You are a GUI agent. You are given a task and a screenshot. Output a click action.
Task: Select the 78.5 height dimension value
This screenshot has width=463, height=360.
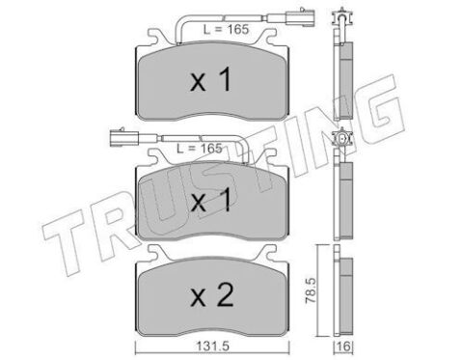(311, 291)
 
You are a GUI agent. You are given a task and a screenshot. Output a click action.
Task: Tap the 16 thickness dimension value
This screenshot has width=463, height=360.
(343, 346)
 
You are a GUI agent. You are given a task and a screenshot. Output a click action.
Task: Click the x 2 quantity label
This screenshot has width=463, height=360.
(212, 296)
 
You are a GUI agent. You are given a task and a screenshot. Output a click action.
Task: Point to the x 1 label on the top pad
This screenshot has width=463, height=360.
(210, 80)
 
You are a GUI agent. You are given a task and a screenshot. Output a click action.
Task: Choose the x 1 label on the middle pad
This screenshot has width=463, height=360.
(210, 200)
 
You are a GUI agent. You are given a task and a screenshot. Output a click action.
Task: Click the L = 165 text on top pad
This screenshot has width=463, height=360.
(226, 30)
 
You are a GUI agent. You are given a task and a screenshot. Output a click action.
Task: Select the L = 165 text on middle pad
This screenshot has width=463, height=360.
(200, 149)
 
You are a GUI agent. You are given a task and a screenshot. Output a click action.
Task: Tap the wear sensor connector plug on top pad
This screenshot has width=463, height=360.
(301, 15)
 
